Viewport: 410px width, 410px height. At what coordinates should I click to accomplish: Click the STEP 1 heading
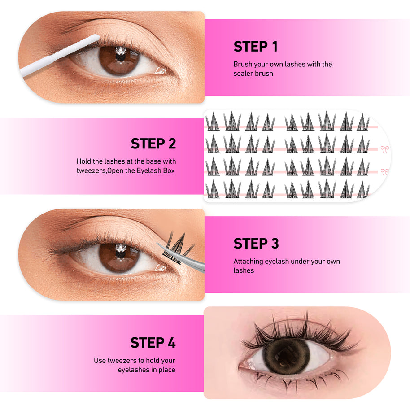(x=255, y=47)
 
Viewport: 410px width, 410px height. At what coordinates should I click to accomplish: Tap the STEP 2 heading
(x=153, y=144)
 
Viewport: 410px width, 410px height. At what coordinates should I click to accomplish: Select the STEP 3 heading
(x=256, y=244)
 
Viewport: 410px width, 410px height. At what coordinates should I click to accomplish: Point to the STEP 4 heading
(x=153, y=343)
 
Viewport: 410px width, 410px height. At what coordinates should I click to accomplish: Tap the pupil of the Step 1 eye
(x=120, y=57)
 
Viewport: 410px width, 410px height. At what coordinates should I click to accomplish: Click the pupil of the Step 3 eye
(x=120, y=254)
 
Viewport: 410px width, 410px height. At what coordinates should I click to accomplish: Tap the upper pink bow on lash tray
(x=384, y=149)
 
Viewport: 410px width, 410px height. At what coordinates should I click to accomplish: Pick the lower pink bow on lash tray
(x=384, y=172)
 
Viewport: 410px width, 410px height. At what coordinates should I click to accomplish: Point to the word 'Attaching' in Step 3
(x=248, y=262)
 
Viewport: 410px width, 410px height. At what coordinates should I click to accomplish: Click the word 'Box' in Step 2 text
(x=169, y=170)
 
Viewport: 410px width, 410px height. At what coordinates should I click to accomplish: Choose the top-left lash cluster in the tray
(x=213, y=121)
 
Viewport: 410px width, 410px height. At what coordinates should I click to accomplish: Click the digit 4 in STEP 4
(x=172, y=343)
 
